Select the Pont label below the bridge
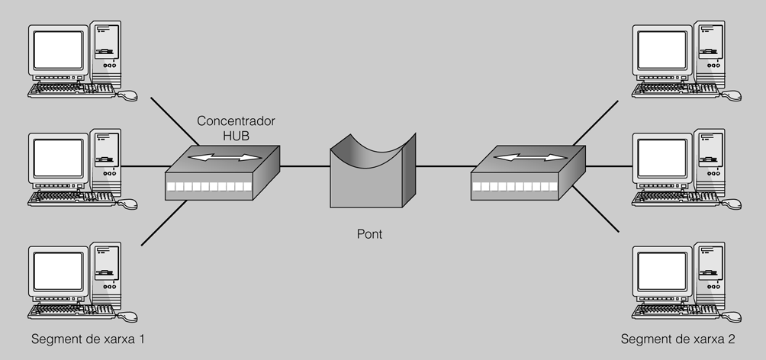click(x=369, y=234)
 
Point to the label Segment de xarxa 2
click(x=677, y=339)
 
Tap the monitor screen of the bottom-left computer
click(x=57, y=272)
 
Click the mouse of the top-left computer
click(x=128, y=95)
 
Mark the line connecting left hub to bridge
click(x=304, y=166)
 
